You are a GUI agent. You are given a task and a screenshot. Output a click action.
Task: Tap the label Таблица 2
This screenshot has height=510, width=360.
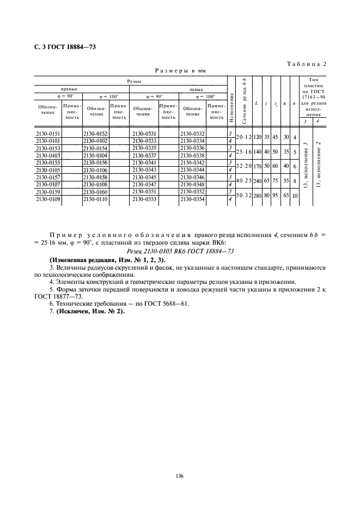coord(307,64)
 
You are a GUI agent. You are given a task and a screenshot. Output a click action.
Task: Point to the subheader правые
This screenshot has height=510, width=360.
coord(69,89)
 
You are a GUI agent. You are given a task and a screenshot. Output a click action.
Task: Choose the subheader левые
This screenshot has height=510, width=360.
coord(196,89)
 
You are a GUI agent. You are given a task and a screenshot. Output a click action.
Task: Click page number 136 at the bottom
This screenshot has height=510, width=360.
coord(180,476)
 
